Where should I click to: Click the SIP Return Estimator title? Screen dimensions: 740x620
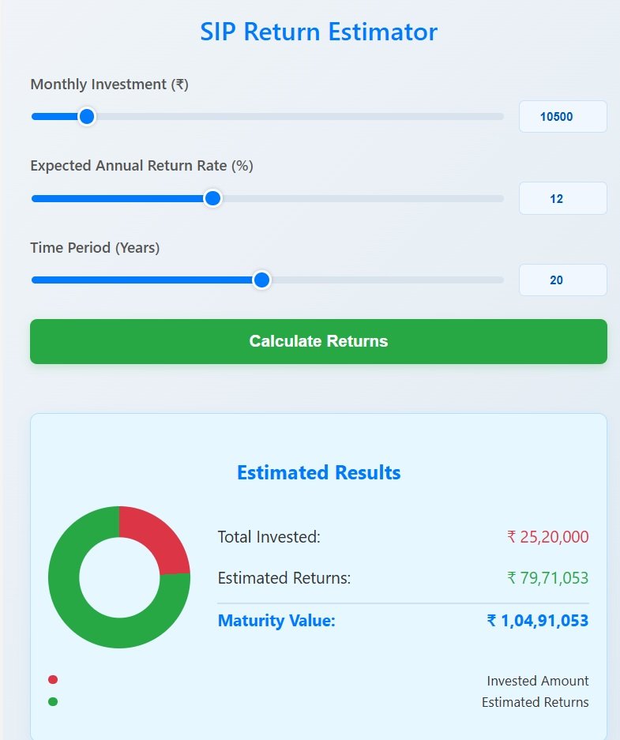[x=318, y=32]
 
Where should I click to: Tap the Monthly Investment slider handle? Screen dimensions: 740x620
[x=87, y=117]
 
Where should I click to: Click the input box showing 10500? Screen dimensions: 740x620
[x=562, y=117]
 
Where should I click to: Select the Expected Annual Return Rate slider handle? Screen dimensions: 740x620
[x=212, y=198]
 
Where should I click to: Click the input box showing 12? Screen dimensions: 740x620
[x=562, y=198]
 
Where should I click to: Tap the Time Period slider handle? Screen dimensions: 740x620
[x=261, y=280]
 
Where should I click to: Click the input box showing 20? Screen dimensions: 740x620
[x=562, y=280]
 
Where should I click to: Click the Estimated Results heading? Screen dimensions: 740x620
[x=318, y=473]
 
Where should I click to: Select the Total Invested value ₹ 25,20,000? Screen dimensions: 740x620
[x=548, y=537]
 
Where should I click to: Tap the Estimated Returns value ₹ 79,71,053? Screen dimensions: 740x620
[x=548, y=578]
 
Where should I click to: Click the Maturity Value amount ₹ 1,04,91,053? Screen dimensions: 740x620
[x=538, y=621]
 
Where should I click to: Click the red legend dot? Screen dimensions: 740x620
[x=53, y=680]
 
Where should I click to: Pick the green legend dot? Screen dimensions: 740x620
[x=53, y=701]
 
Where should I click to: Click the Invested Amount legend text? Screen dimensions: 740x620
[x=538, y=681]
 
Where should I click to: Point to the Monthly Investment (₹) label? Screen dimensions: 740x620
[x=109, y=85]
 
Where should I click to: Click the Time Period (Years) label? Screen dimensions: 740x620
[x=95, y=248]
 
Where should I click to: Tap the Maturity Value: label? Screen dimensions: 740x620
[x=276, y=621]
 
